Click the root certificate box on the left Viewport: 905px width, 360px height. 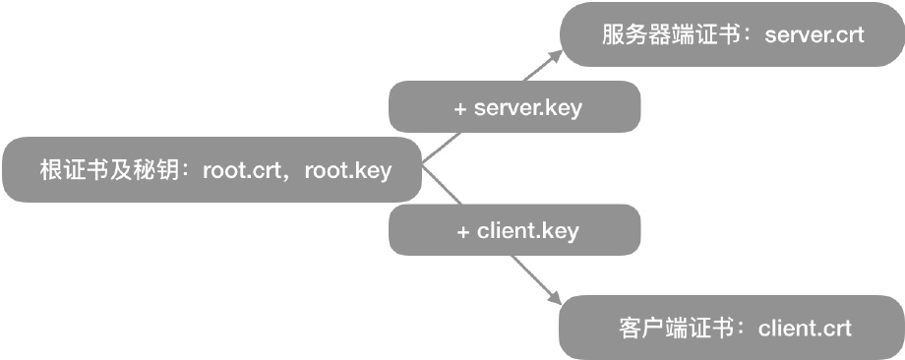point(212,170)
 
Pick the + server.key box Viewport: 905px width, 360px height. point(515,107)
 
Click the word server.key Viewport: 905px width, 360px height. point(528,107)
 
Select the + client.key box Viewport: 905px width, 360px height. point(515,231)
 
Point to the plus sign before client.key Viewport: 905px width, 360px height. point(463,232)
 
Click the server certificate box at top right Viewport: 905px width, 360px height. point(732,34)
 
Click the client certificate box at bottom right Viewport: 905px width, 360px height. point(732,328)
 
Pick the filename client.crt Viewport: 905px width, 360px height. point(806,328)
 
